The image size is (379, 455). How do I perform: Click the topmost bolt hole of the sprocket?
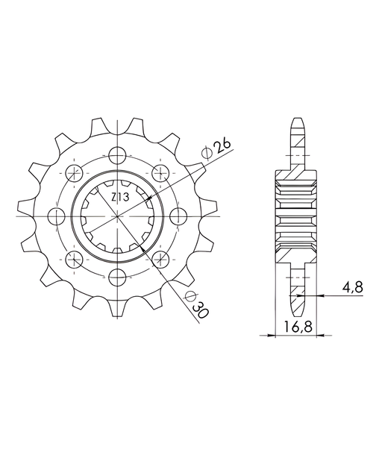coord(117,156)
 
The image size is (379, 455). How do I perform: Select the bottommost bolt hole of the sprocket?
coord(117,276)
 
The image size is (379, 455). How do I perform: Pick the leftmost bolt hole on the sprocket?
coord(57,216)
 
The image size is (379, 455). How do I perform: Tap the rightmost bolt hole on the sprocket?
coord(177,216)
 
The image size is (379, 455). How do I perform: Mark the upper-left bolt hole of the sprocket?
coord(75,173)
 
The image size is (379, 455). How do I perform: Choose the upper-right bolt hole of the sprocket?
coord(160,173)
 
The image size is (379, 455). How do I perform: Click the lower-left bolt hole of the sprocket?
coord(75,258)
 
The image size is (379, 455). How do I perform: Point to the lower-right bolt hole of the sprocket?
coord(160,258)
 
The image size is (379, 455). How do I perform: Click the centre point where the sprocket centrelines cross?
coord(117,216)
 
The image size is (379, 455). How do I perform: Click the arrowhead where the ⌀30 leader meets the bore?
coord(144,248)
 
